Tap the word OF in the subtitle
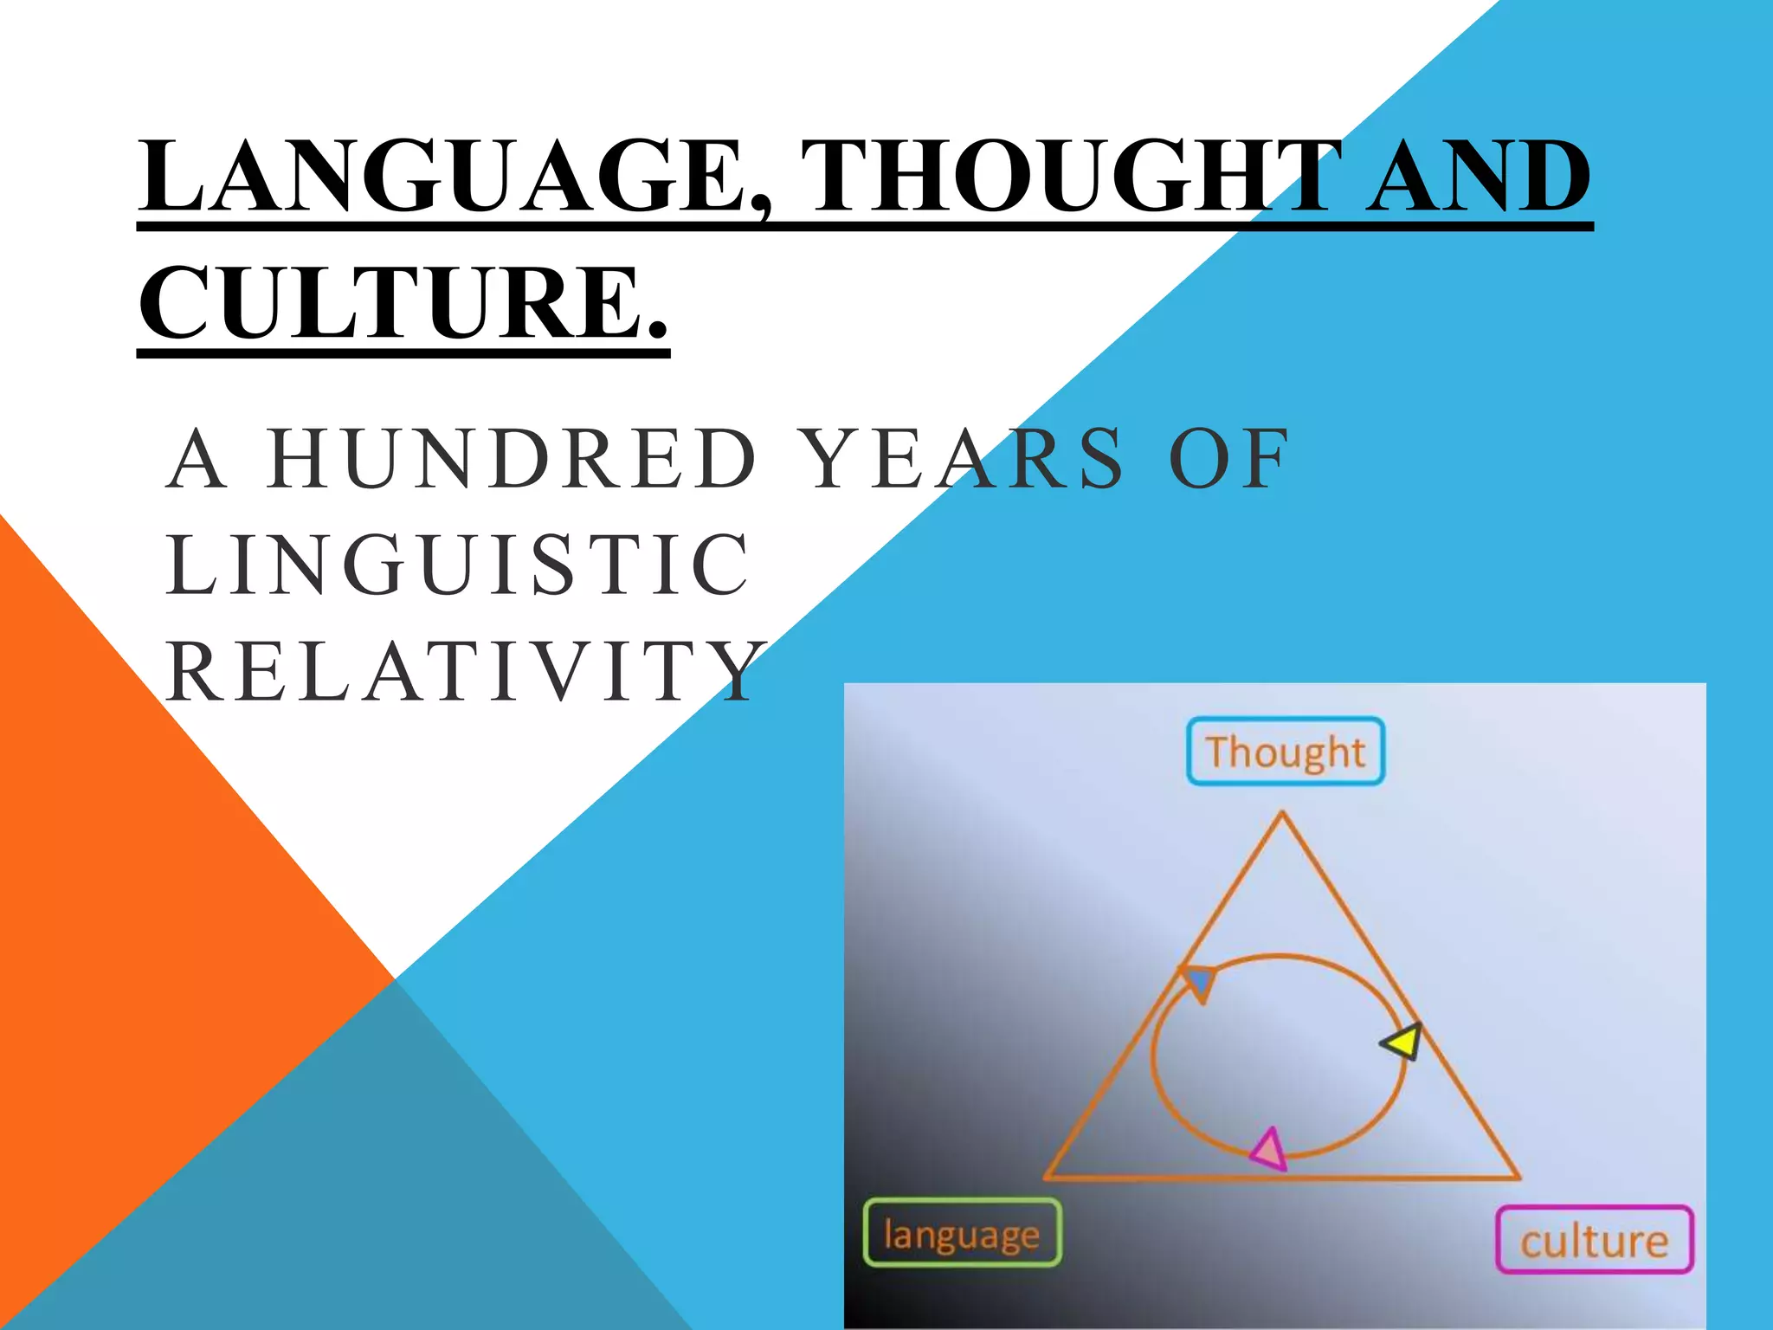[x=1229, y=458]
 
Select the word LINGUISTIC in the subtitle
[x=459, y=565]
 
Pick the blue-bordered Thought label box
[x=1286, y=752]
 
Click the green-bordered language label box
[x=962, y=1233]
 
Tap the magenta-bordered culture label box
[x=1595, y=1240]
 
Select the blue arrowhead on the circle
[x=1198, y=982]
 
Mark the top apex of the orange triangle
[x=1282, y=814]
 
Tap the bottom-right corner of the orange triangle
[x=1518, y=1177]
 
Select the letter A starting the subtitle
[x=197, y=458]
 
